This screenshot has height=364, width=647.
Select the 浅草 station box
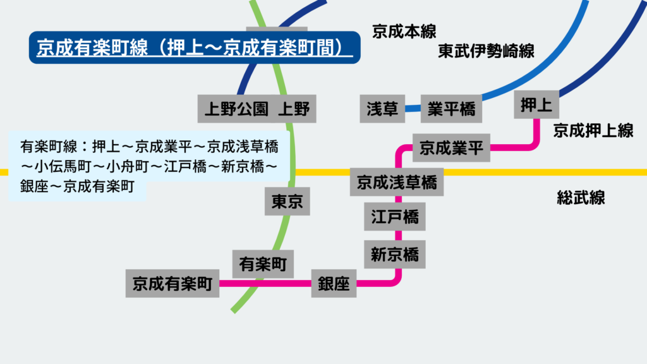point(382,109)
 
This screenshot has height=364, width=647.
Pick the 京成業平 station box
point(451,149)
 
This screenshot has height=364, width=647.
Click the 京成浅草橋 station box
point(396,183)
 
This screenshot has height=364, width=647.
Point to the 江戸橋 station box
point(395,217)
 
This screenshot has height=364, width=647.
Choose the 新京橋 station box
point(395,254)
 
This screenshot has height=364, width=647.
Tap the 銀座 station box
point(334,284)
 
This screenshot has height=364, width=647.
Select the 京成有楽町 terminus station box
point(172,284)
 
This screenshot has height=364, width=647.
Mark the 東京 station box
point(287,202)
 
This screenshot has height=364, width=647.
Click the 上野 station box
point(294,109)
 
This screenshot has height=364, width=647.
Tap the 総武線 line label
point(581,198)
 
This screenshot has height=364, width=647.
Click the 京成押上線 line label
point(593,131)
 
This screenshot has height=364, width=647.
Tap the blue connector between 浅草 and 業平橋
point(413,109)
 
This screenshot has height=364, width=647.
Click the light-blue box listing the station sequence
point(149,166)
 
